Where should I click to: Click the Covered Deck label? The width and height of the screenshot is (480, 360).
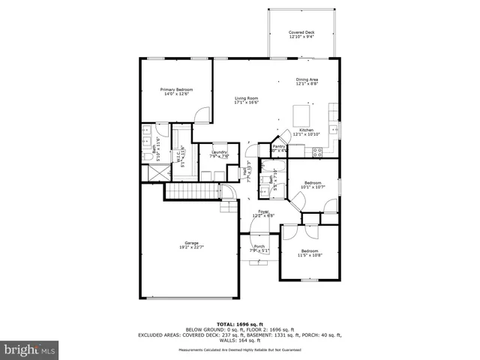coord(301,34)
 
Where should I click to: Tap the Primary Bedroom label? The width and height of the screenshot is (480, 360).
coord(171,91)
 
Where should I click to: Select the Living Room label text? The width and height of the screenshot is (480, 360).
coord(246,100)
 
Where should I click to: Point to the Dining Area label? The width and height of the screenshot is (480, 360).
coord(307,82)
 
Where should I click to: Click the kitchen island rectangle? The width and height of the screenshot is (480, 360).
coord(302,116)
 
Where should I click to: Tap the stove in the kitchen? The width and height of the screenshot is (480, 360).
coord(317,151)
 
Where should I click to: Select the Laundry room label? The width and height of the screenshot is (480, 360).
coord(219,154)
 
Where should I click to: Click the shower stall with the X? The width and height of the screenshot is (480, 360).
coord(156,172)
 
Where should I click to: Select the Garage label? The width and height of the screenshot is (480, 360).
coord(193,244)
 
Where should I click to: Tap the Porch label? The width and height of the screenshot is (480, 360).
coord(259,248)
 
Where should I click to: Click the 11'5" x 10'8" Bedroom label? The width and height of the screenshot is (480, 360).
coord(310,253)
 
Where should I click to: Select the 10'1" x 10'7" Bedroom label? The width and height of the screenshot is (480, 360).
coord(311,184)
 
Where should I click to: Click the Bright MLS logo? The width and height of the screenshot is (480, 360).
coord(29,349)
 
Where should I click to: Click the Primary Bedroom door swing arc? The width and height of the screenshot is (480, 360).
coord(200,115)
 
